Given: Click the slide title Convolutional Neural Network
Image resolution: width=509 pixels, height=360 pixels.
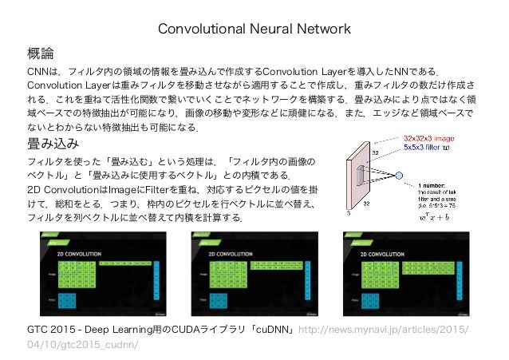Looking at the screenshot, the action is (x=254, y=30).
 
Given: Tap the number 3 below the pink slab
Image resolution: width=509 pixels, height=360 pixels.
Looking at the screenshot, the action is (x=349, y=213).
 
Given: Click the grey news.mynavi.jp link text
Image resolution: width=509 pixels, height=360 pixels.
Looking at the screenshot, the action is (x=383, y=330).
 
